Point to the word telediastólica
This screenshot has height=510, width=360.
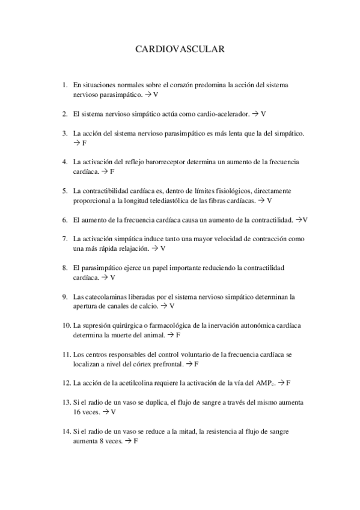click(159, 200)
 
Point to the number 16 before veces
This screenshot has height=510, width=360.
click(77, 412)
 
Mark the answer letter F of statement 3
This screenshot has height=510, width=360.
click(84, 143)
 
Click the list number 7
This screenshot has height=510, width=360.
click(64, 239)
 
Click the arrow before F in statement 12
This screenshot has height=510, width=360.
click(281, 382)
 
